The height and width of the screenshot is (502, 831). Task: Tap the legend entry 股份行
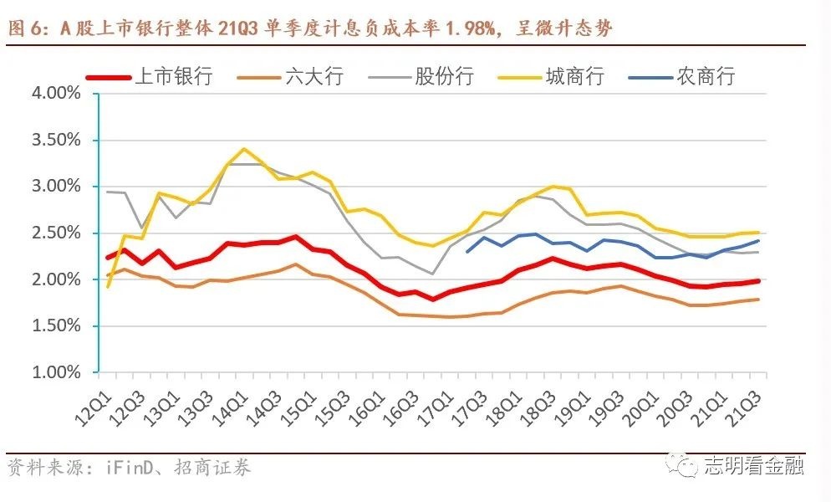coord(444,77)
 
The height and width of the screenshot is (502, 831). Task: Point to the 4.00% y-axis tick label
coord(55,94)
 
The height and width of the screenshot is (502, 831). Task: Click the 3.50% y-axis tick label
coord(55,140)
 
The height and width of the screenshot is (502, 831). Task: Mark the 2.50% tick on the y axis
coord(55,233)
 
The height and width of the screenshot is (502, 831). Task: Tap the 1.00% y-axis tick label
coord(55,371)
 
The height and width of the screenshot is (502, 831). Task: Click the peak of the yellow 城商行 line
coord(243,150)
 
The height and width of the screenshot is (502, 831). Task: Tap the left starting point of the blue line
coord(466,251)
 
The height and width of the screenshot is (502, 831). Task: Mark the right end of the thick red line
coord(758,281)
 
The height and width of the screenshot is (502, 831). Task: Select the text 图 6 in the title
coord(25,30)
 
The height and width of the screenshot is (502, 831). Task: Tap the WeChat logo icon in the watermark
coord(687,465)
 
